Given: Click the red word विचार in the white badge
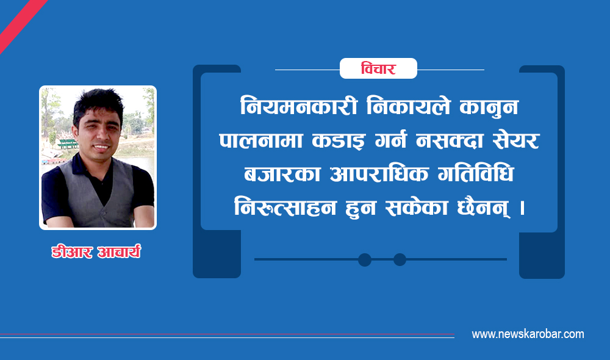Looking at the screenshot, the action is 378,69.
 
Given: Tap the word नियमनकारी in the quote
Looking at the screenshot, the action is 299,106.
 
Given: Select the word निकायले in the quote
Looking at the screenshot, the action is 409,106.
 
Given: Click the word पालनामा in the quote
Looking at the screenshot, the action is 260,140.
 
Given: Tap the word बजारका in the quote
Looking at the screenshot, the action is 282,173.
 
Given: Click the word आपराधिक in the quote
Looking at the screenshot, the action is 379,173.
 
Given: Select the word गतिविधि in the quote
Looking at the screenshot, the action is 476,173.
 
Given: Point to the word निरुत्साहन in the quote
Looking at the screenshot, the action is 285,207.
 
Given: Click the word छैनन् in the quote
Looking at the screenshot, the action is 484,207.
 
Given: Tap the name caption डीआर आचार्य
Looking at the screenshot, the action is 96,252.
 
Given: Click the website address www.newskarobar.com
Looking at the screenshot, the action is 528,334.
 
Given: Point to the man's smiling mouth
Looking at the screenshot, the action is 102,147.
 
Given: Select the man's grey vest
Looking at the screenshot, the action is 97,195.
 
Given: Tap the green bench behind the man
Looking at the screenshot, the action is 67,143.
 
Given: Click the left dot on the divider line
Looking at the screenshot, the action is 365,259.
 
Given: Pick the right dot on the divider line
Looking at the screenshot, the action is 400,259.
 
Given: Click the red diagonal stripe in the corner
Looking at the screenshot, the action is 21,24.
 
